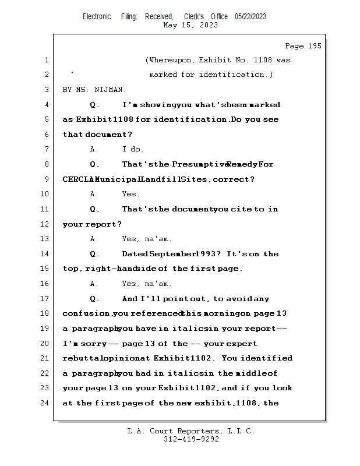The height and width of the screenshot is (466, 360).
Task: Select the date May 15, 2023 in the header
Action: click(x=190, y=25)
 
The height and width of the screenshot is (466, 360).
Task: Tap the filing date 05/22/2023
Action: click(x=250, y=16)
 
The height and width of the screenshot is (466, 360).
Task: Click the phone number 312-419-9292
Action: click(x=191, y=439)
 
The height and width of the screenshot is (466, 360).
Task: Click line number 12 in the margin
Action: click(x=46, y=224)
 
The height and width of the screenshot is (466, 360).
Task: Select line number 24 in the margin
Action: click(x=46, y=403)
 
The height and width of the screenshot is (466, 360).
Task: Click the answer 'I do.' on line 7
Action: click(x=133, y=150)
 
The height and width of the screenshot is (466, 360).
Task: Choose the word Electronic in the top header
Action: click(x=97, y=16)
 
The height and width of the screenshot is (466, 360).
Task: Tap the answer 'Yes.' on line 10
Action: click(x=130, y=195)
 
